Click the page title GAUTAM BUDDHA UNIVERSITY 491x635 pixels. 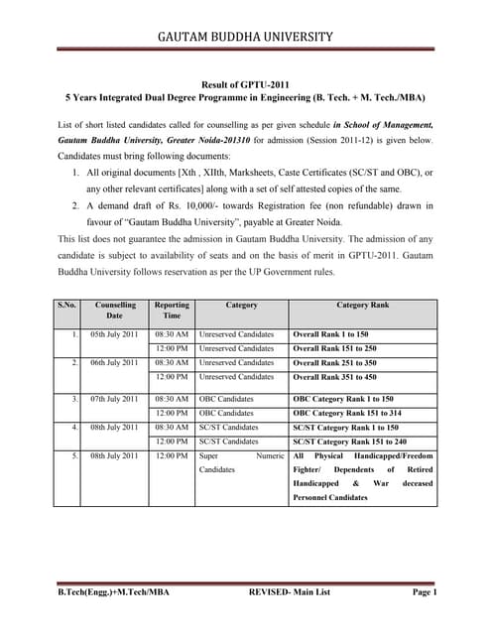point(245,37)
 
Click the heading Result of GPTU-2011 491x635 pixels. point(245,85)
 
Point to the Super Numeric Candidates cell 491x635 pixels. point(241,461)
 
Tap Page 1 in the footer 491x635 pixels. point(425,592)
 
